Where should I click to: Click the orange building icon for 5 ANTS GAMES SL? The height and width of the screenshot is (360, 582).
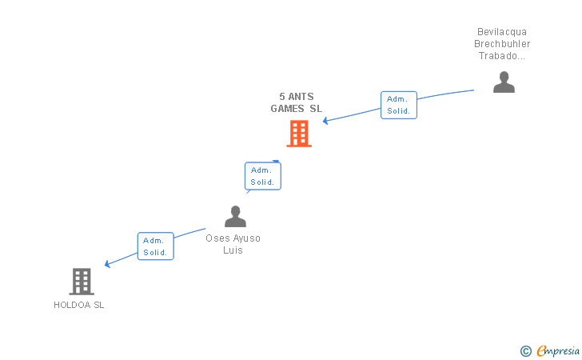point(299,134)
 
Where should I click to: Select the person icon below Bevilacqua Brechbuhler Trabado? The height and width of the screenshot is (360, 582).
point(504,82)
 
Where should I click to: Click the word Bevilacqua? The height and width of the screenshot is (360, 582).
point(502,33)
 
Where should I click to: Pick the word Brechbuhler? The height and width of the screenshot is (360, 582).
point(502,44)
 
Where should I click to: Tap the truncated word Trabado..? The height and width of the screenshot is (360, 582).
point(502,56)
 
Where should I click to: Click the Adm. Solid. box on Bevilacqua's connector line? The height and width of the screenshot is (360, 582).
point(398,105)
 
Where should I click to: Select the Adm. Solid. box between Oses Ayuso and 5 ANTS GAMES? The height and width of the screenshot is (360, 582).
point(262,176)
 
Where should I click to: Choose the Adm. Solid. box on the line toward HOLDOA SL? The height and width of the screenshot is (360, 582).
point(155,246)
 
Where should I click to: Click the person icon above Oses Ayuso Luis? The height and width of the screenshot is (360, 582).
point(235,217)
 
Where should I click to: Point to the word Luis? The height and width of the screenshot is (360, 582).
point(233,250)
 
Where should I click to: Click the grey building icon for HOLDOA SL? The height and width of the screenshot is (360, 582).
point(82,281)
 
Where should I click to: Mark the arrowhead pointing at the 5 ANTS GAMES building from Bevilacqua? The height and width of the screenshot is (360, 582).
point(326,121)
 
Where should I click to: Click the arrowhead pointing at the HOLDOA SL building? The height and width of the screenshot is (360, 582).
point(108,264)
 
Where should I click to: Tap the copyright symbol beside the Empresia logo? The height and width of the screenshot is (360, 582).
point(525,350)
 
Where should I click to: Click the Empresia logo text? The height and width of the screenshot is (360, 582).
point(558,350)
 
